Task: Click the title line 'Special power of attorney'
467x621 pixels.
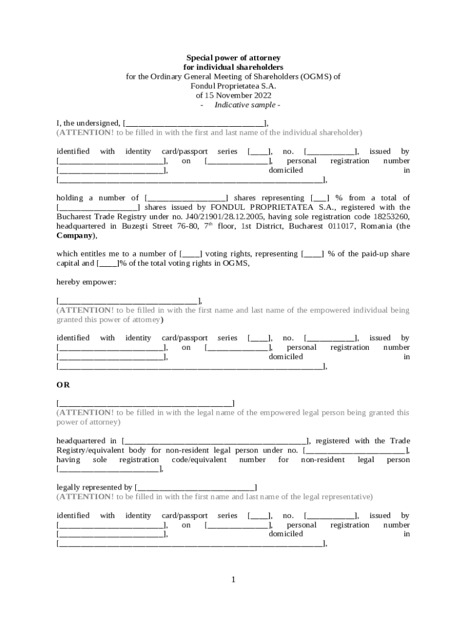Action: [233, 58]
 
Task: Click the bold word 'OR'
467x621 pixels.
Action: [63, 385]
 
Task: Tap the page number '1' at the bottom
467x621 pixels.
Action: [233, 580]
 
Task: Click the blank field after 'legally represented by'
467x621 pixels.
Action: [196, 488]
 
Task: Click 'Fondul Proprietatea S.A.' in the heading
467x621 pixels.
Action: [233, 86]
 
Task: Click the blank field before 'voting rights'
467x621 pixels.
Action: [192, 254]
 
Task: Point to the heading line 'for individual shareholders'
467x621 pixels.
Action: [233, 67]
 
